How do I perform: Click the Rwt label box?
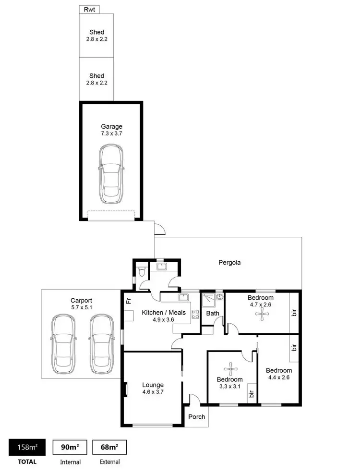[x=89, y=9]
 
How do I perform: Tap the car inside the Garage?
[x=111, y=174]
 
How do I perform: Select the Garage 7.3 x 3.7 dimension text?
[x=111, y=134]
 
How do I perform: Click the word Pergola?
[x=229, y=263]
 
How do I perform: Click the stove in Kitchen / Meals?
[x=196, y=315]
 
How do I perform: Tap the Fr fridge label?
[x=128, y=302]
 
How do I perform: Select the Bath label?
[x=213, y=314]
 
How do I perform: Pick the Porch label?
[x=196, y=416]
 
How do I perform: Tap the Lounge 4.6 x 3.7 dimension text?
[x=153, y=392]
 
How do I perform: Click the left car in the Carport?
[x=64, y=344]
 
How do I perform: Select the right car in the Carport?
[x=101, y=344]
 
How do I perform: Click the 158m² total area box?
[x=28, y=448]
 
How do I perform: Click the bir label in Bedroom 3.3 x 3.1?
[x=250, y=395]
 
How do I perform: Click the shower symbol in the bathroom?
[x=207, y=299]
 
